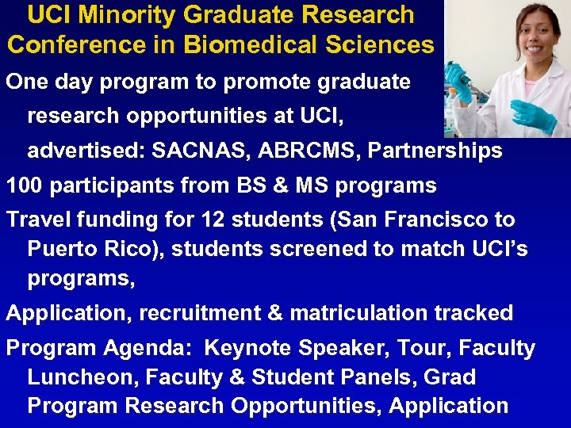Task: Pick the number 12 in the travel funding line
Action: tap(214, 220)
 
